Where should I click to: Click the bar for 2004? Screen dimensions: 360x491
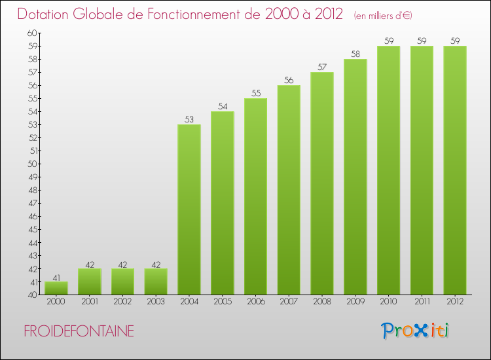pyautogui.click(x=189, y=209)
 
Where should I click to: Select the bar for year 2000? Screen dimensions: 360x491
pyautogui.click(x=56, y=288)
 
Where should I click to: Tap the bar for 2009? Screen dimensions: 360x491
pyautogui.click(x=355, y=177)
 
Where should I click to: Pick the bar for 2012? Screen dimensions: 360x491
pyautogui.click(x=454, y=170)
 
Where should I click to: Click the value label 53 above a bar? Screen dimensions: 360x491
pyautogui.click(x=189, y=119)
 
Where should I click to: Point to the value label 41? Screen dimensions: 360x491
pyautogui.click(x=56, y=276)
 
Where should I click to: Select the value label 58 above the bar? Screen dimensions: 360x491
pyautogui.click(x=355, y=54)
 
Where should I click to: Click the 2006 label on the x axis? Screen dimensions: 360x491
pyautogui.click(x=255, y=302)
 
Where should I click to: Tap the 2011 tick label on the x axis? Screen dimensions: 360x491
pyautogui.click(x=421, y=302)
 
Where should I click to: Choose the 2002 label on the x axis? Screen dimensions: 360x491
pyautogui.click(x=122, y=302)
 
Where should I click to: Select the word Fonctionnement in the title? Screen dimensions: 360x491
pyautogui.click(x=181, y=14)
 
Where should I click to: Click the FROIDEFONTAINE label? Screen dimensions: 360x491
pyautogui.click(x=79, y=332)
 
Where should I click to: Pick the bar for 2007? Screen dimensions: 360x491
pyautogui.click(x=289, y=190)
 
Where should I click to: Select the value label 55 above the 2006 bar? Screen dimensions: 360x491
pyautogui.click(x=255, y=93)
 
